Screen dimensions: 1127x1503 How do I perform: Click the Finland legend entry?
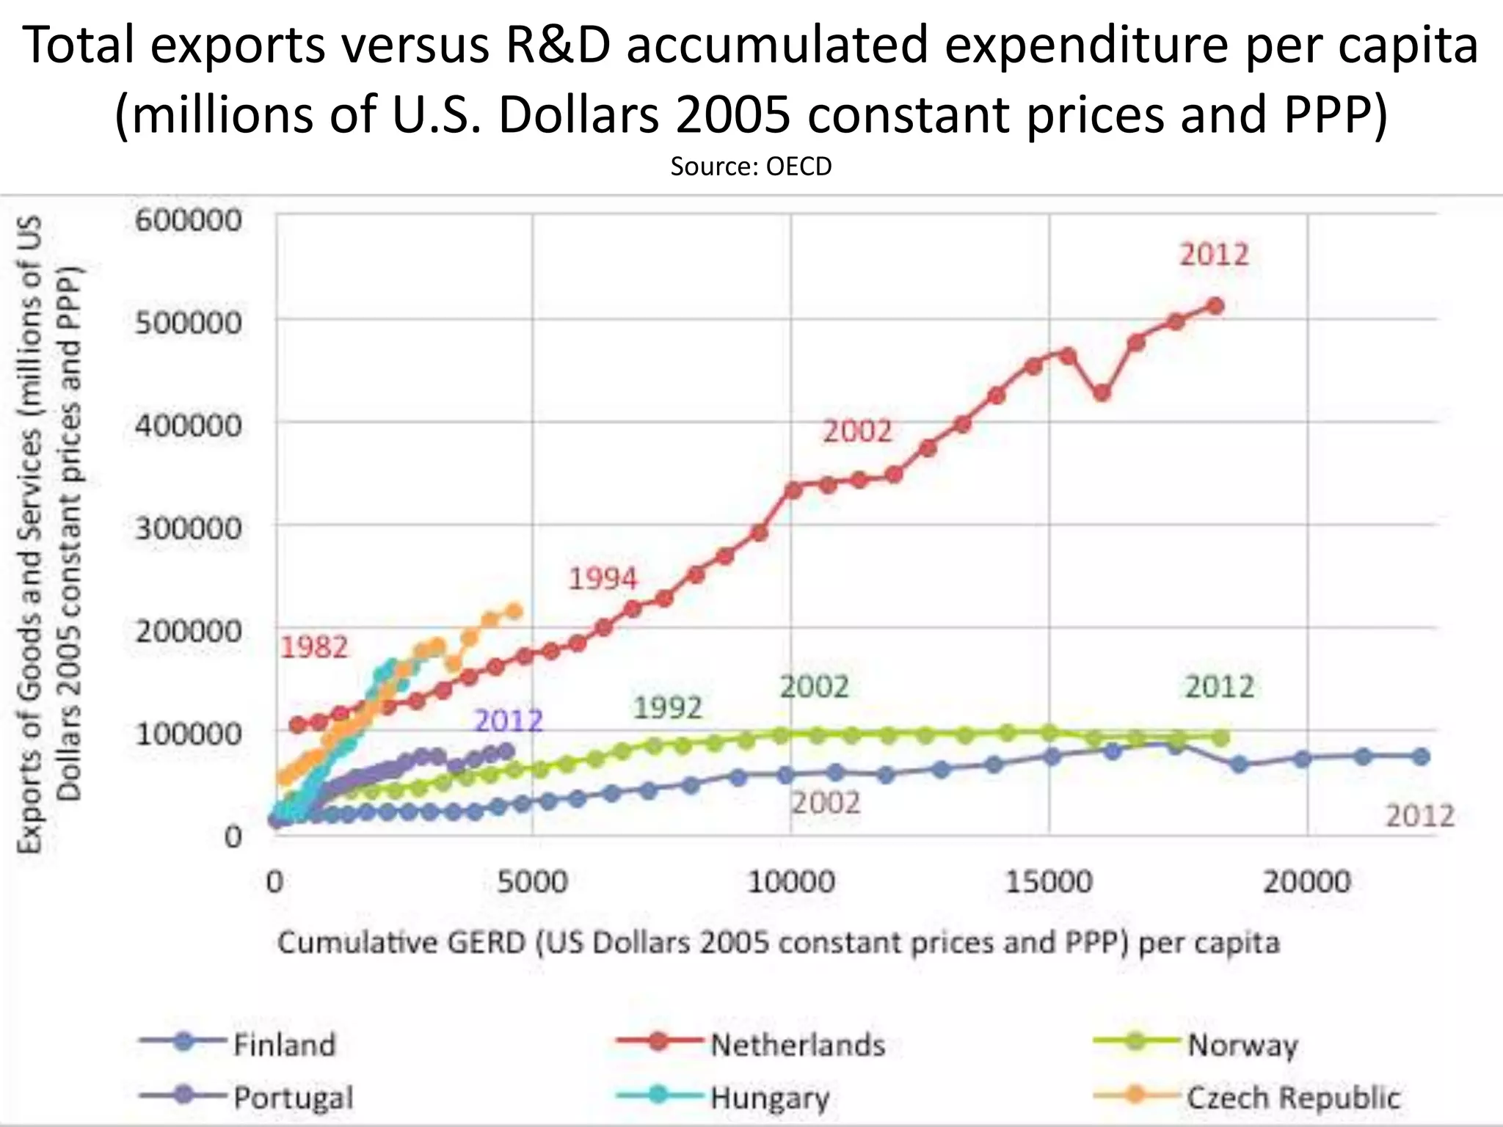click(283, 1044)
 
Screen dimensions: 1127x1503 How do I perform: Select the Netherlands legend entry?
click(797, 1044)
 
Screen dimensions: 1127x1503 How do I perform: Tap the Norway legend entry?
click(1242, 1044)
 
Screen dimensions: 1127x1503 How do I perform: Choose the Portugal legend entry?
click(292, 1098)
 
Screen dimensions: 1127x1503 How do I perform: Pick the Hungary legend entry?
click(769, 1098)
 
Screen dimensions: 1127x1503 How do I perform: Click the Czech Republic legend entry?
click(1293, 1098)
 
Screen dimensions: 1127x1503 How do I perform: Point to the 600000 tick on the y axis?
click(188, 219)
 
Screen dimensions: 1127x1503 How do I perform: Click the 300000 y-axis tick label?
click(188, 528)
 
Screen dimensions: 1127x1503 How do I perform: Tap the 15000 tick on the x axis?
click(1048, 880)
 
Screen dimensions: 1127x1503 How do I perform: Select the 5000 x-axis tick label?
click(532, 880)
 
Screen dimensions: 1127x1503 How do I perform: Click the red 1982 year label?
click(314, 647)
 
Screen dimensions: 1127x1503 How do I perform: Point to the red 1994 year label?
click(603, 579)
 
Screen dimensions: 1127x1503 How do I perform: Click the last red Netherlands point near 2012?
click(1215, 306)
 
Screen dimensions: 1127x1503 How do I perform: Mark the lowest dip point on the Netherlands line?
click(1102, 393)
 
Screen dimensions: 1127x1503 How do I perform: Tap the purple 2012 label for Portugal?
click(508, 721)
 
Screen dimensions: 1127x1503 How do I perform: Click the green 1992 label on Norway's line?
click(668, 708)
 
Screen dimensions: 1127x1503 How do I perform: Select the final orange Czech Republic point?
click(514, 611)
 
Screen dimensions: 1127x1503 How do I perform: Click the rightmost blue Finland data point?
click(1421, 756)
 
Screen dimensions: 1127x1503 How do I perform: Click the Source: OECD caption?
click(751, 167)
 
